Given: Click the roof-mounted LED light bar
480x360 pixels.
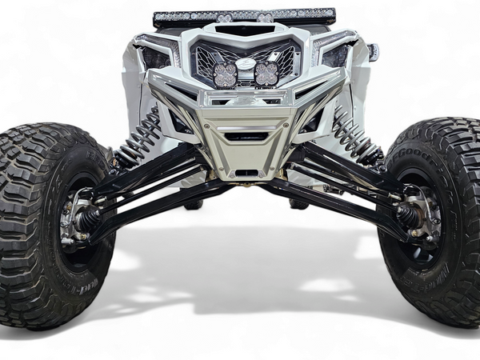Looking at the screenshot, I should click(244, 16).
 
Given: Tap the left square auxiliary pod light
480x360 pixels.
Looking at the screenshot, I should click(225, 74).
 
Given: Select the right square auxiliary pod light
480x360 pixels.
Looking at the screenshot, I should click(266, 74).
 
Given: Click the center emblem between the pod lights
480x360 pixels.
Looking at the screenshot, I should click(246, 64).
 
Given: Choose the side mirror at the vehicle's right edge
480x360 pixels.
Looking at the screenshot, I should click(373, 52).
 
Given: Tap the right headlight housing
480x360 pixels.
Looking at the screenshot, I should click(336, 54).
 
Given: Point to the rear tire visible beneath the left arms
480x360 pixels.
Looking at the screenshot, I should click(193, 204).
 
